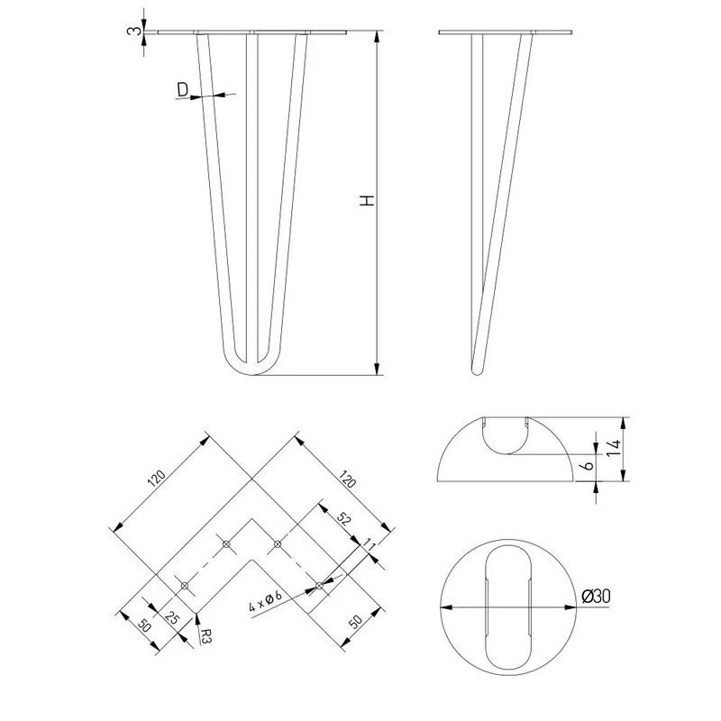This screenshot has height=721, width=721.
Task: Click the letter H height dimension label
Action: pyautogui.click(x=367, y=200)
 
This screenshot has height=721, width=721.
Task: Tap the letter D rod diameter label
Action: pyautogui.click(x=183, y=89)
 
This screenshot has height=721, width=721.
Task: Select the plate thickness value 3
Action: pyautogui.click(x=132, y=31)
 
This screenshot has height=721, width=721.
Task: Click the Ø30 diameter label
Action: pyautogui.click(x=596, y=597)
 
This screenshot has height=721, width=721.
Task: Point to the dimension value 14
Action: pyautogui.click(x=614, y=448)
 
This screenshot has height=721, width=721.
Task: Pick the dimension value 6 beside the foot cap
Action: pyautogui.click(x=589, y=465)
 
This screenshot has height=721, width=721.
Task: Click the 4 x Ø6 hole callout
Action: pyautogui.click(x=265, y=601)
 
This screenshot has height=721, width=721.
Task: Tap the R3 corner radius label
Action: pyautogui.click(x=205, y=635)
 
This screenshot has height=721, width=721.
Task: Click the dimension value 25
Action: pyautogui.click(x=171, y=617)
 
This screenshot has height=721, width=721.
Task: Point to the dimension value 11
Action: pyautogui.click(x=370, y=546)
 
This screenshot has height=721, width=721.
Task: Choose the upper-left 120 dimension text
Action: pyautogui.click(x=156, y=479)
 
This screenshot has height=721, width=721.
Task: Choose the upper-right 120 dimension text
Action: pyautogui.click(x=347, y=479)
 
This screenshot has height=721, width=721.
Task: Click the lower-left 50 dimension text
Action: pyautogui.click(x=143, y=625)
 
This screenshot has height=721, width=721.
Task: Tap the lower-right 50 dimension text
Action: pyautogui.click(x=356, y=622)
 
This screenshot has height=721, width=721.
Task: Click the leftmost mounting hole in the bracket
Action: pyautogui.click(x=185, y=585)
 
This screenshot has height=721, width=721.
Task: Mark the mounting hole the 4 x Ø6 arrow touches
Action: pyautogui.click(x=319, y=585)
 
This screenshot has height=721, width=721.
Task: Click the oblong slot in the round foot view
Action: pyautogui.click(x=508, y=607)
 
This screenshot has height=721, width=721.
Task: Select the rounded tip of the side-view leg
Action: pyautogui.click(x=478, y=370)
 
